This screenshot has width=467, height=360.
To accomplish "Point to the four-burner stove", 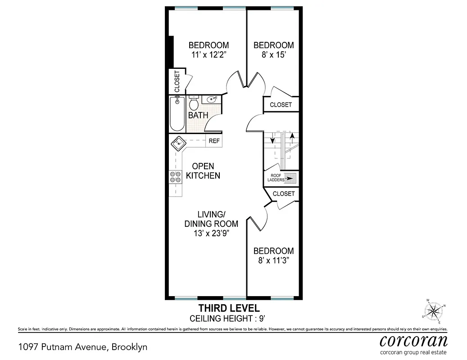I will [x=175, y=177].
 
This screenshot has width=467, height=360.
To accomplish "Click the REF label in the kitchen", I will [x=214, y=141].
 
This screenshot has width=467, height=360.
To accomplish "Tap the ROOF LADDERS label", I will [x=277, y=177].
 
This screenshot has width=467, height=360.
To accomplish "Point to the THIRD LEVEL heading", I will [x=229, y=308].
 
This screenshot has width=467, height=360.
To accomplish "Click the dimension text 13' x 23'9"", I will [x=211, y=233].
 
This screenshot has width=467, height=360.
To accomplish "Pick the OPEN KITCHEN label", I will [x=203, y=171].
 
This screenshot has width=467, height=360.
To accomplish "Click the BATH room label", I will [x=198, y=115].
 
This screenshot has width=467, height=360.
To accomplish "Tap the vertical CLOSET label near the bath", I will [x=177, y=81].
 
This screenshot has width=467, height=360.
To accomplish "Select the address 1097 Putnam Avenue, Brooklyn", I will [x=82, y=347].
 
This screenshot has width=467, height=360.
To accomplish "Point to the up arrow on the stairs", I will [x=292, y=136].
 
